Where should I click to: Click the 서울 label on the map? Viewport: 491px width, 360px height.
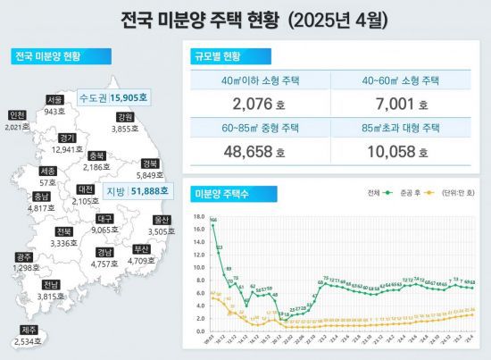[x=55, y=100]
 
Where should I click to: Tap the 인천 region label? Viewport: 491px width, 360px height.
[x=17, y=115]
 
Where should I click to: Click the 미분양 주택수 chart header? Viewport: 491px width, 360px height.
[x=219, y=193]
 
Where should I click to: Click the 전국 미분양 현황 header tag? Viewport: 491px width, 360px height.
[x=46, y=57]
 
